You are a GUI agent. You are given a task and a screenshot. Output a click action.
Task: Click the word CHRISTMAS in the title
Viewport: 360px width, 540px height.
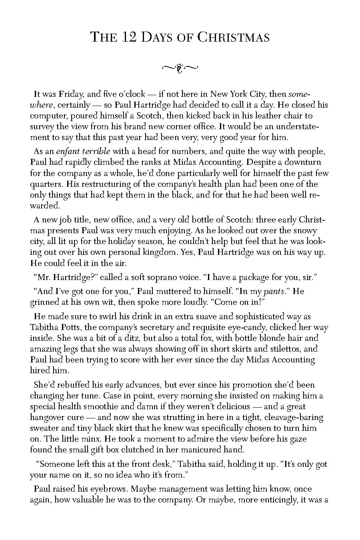coord(234,38)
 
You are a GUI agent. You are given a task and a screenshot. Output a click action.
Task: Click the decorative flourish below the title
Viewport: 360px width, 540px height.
coord(180,68)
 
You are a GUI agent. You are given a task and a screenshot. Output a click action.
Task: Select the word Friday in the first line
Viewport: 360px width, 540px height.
coord(71,94)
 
